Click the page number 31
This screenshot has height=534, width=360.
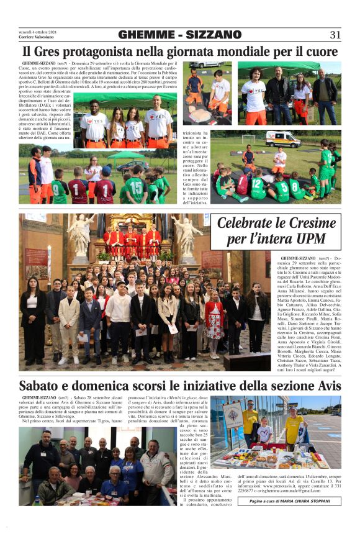pos(335,35)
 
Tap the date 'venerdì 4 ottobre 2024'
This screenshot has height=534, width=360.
pos(37,31)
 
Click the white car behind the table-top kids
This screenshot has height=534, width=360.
pos(205,64)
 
